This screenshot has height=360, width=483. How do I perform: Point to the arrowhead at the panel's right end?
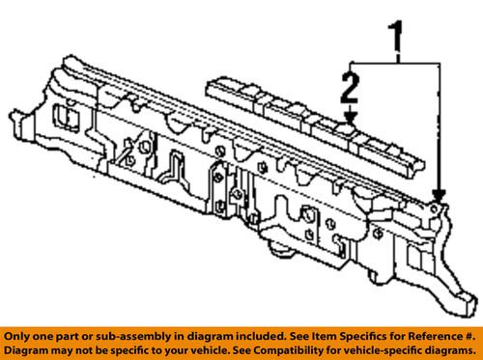coord(436,197)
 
